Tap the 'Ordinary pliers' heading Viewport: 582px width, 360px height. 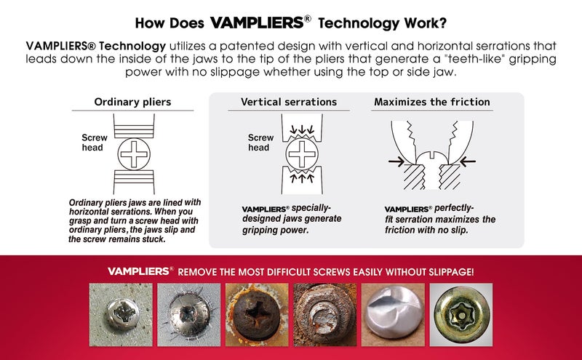(132, 102)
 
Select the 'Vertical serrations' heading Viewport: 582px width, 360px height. (289, 102)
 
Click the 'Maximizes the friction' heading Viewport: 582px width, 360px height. (432, 102)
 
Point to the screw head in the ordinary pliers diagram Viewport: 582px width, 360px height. (134, 154)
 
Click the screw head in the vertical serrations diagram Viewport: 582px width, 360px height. (302, 154)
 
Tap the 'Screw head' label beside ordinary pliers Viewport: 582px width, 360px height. (95, 143)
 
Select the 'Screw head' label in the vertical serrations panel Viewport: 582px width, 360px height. (260, 143)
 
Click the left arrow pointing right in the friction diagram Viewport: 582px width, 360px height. (396, 161)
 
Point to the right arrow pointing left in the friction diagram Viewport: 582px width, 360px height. (467, 161)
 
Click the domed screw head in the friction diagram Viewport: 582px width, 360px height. (431, 157)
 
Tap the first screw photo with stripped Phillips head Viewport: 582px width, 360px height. (121, 315)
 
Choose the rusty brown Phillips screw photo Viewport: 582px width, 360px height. (257, 315)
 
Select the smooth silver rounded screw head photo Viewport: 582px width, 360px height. (393, 315)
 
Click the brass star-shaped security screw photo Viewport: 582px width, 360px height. (461, 315)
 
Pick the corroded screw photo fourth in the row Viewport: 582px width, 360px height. (325, 315)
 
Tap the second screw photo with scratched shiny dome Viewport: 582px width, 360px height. (188, 315)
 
